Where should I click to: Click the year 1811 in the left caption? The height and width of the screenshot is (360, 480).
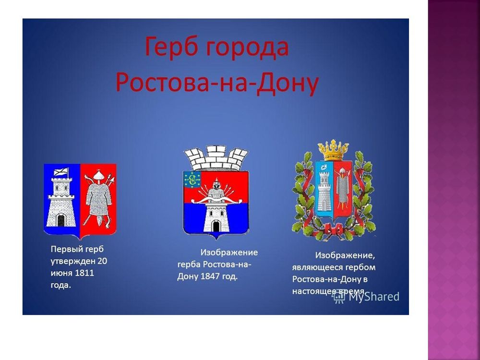[x=84, y=274]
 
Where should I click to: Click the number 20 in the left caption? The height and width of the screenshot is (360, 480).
[x=102, y=262]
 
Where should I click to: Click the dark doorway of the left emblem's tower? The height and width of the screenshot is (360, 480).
[x=61, y=220]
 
